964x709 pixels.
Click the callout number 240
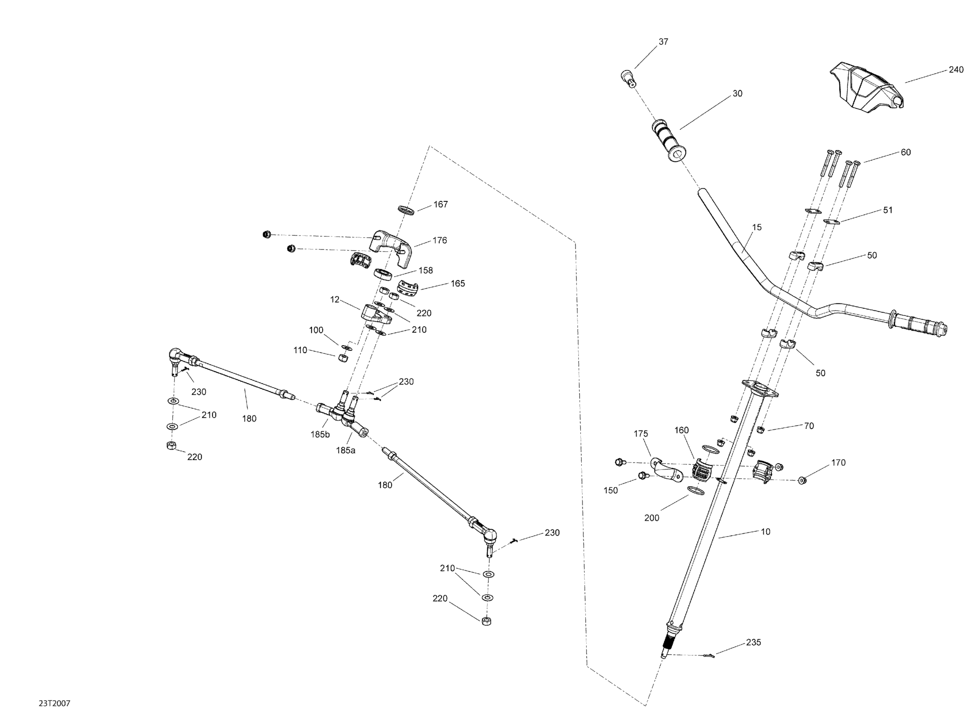[955, 70]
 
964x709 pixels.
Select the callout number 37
[663, 42]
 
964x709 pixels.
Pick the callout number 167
[441, 204]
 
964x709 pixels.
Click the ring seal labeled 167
[406, 210]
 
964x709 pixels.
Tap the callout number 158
[426, 270]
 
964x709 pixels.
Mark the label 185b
[320, 434]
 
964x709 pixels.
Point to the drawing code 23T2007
[54, 703]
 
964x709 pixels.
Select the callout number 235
[753, 642]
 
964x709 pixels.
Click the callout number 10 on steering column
[766, 532]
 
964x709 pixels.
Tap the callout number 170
[838, 463]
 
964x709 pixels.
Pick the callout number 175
[640, 433]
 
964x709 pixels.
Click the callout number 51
[888, 210]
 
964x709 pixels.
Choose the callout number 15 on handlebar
[757, 227]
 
